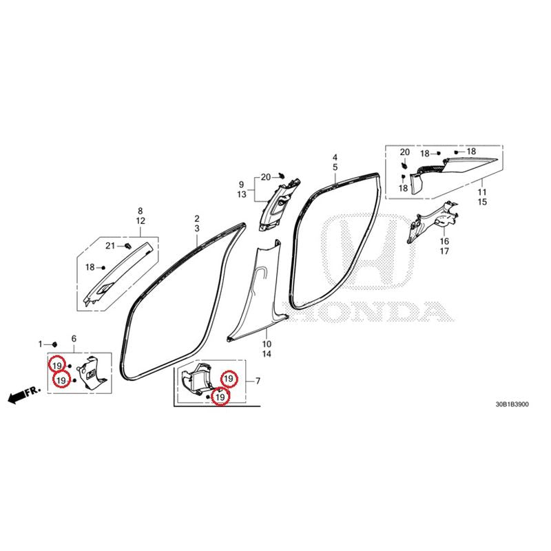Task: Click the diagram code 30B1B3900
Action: (x=512, y=404)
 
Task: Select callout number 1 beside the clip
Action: (x=40, y=344)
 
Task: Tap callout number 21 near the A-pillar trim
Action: (x=110, y=246)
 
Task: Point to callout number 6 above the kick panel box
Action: (x=74, y=339)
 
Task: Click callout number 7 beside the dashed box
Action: (x=258, y=381)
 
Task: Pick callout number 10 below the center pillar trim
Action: (x=267, y=344)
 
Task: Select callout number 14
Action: (x=267, y=354)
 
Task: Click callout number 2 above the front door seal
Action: (x=197, y=218)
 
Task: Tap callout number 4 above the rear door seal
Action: (x=335, y=158)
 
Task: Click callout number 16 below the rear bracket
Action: (x=444, y=241)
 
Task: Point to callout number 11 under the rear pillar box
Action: (x=482, y=192)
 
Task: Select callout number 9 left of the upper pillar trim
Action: (x=242, y=185)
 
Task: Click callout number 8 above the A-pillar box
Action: (x=141, y=211)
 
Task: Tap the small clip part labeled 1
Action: (x=54, y=344)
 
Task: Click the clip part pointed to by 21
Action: (x=128, y=245)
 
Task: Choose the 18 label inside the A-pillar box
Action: (x=90, y=267)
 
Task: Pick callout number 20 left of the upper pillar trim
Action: (x=266, y=178)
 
